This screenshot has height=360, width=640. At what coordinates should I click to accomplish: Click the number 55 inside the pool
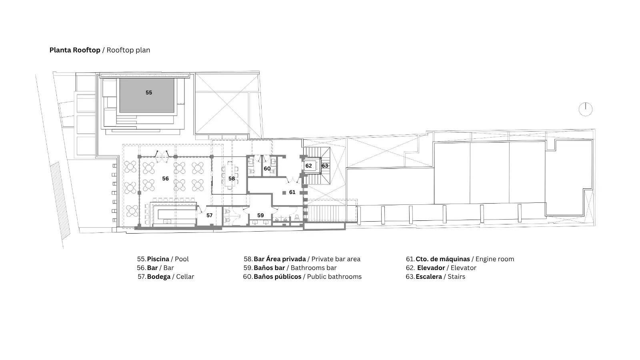tap(149, 92)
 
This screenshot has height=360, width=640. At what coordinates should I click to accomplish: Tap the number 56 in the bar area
tap(166, 178)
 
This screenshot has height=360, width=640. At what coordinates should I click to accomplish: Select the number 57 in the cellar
tap(210, 216)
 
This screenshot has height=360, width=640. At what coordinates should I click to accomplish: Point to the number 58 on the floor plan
tap(232, 178)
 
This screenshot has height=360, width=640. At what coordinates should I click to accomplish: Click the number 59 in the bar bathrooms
tap(260, 216)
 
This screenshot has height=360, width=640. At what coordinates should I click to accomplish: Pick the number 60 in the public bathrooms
tap(267, 168)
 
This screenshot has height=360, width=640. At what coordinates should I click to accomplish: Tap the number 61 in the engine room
tap(292, 192)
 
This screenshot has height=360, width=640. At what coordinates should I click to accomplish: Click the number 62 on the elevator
tap(308, 166)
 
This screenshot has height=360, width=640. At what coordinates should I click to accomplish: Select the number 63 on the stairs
tap(325, 166)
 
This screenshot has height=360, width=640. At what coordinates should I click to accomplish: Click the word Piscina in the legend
tap(158, 259)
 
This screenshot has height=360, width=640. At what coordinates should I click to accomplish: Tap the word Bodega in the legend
tap(159, 276)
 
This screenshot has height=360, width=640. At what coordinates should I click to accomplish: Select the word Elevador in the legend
tap(431, 268)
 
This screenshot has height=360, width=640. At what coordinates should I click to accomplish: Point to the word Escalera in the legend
tap(429, 276)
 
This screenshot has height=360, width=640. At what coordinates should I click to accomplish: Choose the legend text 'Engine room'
tap(495, 259)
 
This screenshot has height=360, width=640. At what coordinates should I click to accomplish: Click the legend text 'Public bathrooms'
tap(334, 276)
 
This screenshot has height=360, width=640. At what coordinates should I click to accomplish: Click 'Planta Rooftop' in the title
tap(75, 50)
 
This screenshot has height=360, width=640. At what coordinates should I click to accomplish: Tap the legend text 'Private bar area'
tap(336, 259)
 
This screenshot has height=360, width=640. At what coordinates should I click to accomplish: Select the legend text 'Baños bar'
tap(270, 268)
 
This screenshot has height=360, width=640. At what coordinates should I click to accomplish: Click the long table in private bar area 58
tap(229, 175)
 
